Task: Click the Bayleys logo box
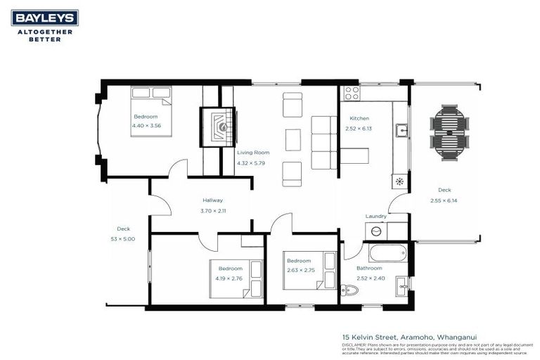point(44,18)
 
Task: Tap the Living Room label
point(253,153)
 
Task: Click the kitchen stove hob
point(352,92)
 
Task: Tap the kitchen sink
point(401,130)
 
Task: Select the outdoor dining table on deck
point(449,134)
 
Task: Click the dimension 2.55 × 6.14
point(444,200)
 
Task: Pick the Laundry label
point(375,217)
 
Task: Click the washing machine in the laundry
point(376,231)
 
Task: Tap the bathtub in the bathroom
point(387,252)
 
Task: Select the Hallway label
point(212,200)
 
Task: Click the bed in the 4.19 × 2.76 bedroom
point(250,279)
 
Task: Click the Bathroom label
point(369,268)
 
